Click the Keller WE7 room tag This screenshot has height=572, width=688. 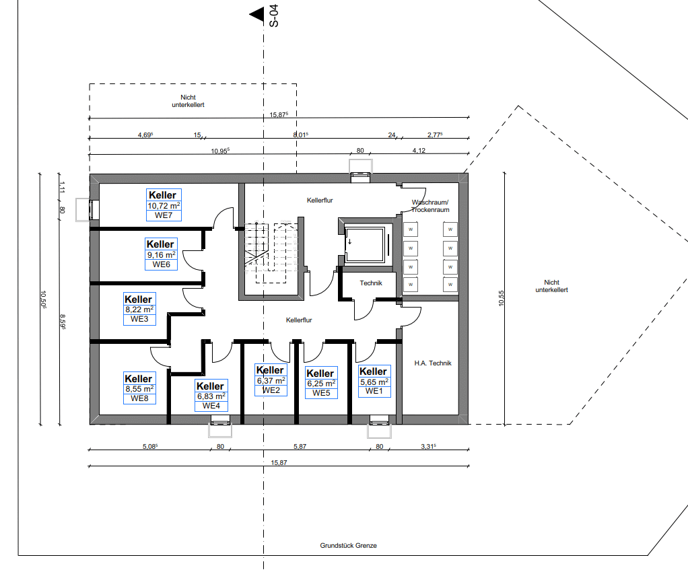pos(164,205)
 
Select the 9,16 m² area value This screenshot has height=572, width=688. pos(162,255)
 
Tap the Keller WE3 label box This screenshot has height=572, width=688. pos(139,309)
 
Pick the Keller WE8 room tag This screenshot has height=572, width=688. pos(139,388)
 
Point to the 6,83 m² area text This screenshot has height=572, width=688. pos(211,396)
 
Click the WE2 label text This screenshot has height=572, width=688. pos(271,390)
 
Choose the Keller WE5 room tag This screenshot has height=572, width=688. pos(321,382)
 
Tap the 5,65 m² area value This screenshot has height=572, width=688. pos(374,382)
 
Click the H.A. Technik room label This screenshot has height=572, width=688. pos(433,363)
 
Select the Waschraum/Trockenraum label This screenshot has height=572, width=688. pos(430,206)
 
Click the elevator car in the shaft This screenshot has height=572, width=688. pos(365,244)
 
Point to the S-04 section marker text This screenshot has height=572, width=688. pos(274,15)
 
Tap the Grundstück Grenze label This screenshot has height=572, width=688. pos(349,546)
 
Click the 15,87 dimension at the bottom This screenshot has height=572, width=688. pos(279,463)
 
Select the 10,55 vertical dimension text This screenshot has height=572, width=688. pos(502,298)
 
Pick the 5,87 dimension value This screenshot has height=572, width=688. pos(300,447)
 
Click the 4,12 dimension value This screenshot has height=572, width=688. pos(419,151)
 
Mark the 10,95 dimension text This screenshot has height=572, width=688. pos(220,151)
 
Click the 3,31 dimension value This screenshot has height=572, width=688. pos(428,447)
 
